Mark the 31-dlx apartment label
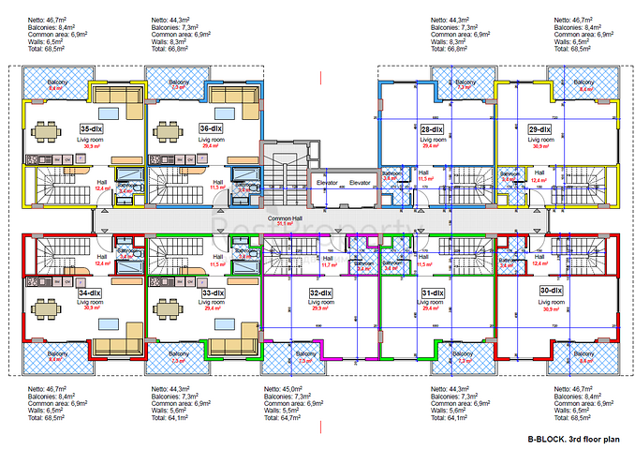point(433,292)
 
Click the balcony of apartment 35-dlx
point(56,85)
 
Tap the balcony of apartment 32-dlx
point(306,356)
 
